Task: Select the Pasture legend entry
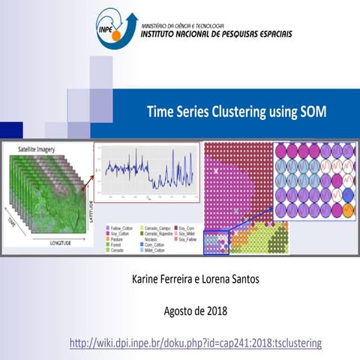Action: (120, 238)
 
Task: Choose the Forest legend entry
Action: (118, 244)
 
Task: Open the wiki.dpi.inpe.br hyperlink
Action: (194, 343)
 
